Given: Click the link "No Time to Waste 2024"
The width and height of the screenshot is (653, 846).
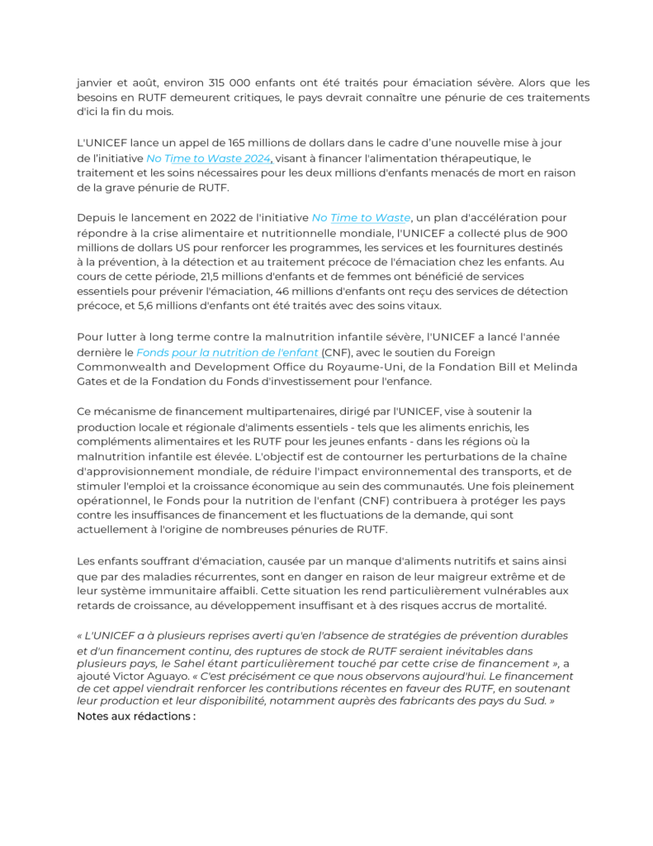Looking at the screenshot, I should tap(209, 158).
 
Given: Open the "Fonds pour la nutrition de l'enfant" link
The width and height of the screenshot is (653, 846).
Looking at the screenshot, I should tap(227, 352).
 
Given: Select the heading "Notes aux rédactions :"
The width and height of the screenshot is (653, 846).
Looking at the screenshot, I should tap(136, 715).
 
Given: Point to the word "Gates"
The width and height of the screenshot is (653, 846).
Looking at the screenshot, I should tap(93, 382).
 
